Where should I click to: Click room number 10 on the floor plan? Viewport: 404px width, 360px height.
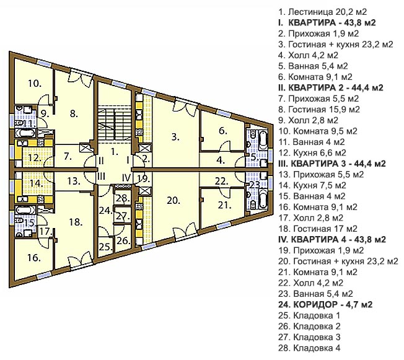coord(35,84)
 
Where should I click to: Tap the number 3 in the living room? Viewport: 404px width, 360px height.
coord(175,137)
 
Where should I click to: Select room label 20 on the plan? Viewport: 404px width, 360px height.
coord(173,200)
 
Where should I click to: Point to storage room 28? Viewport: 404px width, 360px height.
coord(123,198)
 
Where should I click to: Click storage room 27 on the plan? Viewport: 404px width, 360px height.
coord(123,216)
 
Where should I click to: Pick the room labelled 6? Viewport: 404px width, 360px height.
coord(223,131)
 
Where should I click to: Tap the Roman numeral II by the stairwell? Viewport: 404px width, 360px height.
coord(101,160)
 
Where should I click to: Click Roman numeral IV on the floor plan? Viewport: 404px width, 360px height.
coord(126,177)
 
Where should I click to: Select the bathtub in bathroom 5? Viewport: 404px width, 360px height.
coord(263,141)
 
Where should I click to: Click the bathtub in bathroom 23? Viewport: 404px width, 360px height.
coord(263,199)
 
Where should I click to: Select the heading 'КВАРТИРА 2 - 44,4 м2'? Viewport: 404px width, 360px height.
coord(330,87)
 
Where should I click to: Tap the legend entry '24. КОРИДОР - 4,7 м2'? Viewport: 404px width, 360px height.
coord(325,305)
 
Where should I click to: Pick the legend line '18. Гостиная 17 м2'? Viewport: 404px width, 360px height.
coord(318,229)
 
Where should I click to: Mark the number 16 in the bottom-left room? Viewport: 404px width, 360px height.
coord(33,257)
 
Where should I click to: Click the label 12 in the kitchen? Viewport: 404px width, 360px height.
coord(35,157)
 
